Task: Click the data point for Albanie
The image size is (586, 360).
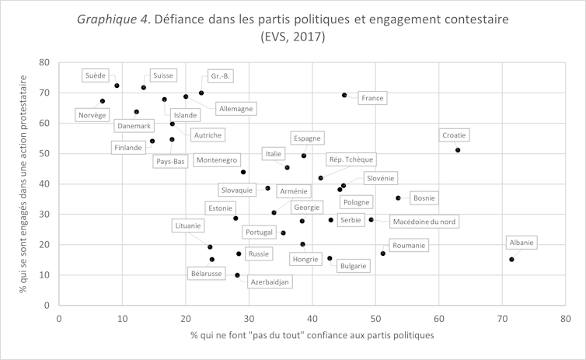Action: pos(511,259)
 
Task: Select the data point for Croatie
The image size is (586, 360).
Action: pos(458,150)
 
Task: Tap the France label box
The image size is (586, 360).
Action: pos(373,98)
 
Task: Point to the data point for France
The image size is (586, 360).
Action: pos(344,95)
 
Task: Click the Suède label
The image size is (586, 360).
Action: pos(96,75)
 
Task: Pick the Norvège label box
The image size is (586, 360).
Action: pos(92,115)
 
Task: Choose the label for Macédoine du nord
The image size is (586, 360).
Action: pos(424,222)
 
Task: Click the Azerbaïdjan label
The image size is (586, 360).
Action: pos(270,281)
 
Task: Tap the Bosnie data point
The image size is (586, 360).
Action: pos(398,198)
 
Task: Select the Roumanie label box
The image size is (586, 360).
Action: pos(409,246)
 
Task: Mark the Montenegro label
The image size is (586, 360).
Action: pos(216,160)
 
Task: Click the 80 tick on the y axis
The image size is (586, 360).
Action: pos(44,62)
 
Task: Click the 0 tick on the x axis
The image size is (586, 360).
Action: pos(59,317)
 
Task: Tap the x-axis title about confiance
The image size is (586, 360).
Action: pos(312,335)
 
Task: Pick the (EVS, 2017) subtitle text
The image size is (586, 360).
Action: pos(293,37)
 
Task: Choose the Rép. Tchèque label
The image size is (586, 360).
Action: pos(351,160)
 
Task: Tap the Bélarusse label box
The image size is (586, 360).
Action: pos(206,274)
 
